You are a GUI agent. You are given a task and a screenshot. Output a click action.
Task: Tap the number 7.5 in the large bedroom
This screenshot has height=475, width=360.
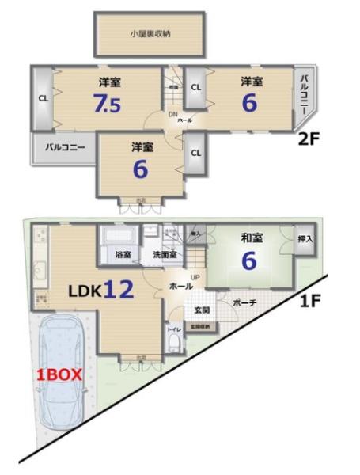tap(108, 103)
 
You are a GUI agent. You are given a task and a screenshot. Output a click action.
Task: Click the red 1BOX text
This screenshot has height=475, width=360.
tap(56, 375)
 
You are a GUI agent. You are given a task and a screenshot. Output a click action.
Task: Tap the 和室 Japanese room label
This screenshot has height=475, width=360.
tap(252, 236)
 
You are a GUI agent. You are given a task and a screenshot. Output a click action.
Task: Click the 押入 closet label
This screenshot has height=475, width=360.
tap(305, 238)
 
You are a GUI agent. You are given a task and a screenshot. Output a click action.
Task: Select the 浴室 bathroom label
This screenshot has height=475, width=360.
tap(123, 255)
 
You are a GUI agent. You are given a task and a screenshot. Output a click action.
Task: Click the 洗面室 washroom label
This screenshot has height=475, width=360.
tap(163, 255)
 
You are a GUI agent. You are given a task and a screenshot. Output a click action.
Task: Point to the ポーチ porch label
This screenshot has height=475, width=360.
tap(243, 302)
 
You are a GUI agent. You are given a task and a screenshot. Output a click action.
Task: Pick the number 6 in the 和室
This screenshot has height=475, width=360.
tap(249, 260)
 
